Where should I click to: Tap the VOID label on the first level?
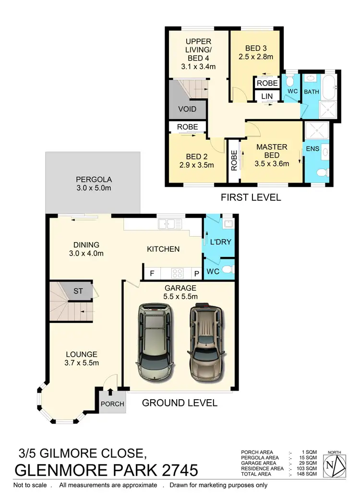pos(187,109)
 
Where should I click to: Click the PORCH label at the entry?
pos(112,404)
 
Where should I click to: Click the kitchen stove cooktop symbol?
pos(177,274)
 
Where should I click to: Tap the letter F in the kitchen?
pos(152,274)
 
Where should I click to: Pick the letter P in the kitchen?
pos(196,274)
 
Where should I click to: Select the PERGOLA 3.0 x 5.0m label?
pos(93,183)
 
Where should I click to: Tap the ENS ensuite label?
pos(312,149)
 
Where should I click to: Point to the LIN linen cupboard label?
pos(267,97)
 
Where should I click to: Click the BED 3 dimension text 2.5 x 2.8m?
pos(256,56)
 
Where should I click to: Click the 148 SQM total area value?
pos(307,474)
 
